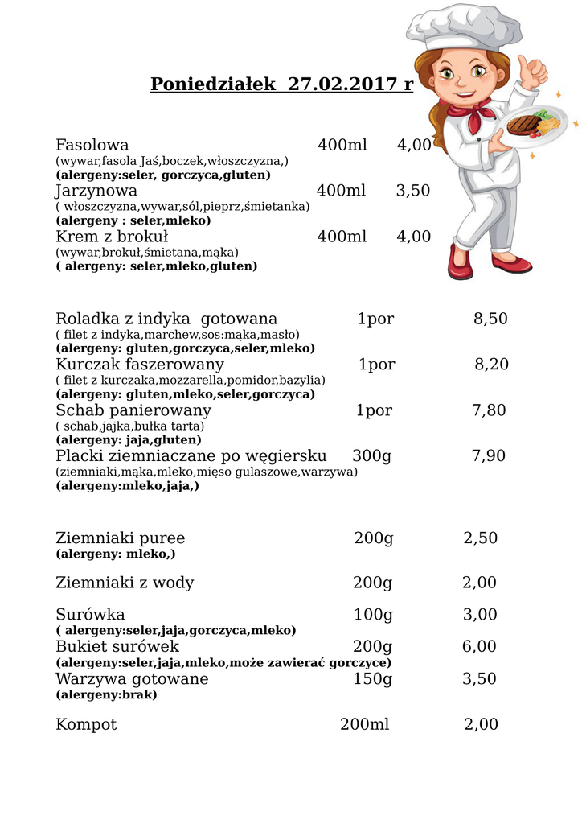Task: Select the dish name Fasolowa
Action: click(92, 145)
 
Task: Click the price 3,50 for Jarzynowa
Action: click(413, 191)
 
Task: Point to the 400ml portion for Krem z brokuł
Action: click(342, 237)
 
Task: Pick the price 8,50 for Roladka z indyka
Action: click(490, 319)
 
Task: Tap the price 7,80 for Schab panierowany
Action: click(489, 410)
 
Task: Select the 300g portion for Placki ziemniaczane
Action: click(371, 456)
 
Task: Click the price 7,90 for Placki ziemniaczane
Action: click(489, 456)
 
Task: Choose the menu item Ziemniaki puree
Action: click(120, 538)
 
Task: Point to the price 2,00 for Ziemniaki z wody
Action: click(480, 583)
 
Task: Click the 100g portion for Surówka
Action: click(373, 615)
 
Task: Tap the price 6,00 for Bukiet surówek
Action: click(480, 647)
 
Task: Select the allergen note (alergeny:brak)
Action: click(106, 694)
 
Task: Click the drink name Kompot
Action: click(86, 724)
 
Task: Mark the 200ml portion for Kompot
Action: click(364, 724)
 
